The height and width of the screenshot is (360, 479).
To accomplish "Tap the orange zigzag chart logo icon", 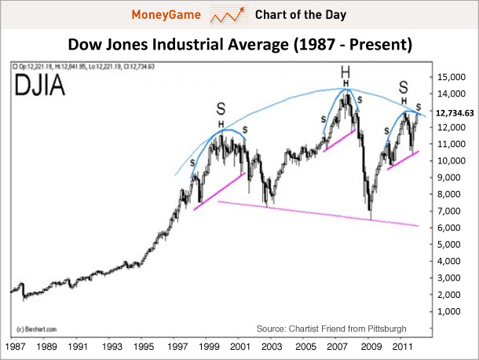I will coord(225,15).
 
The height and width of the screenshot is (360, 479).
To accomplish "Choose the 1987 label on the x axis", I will coord(15,347).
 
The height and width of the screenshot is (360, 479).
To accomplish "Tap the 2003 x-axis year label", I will coord(270,347).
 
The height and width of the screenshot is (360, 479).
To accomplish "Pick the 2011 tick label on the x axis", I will coord(400,347).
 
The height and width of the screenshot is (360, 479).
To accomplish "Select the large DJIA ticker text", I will coord(39,86).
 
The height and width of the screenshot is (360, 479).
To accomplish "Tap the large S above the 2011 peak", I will coord(404,86).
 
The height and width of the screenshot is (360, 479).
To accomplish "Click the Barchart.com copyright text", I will coord(32,325).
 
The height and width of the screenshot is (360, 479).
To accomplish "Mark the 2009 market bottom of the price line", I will coord(370,219).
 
